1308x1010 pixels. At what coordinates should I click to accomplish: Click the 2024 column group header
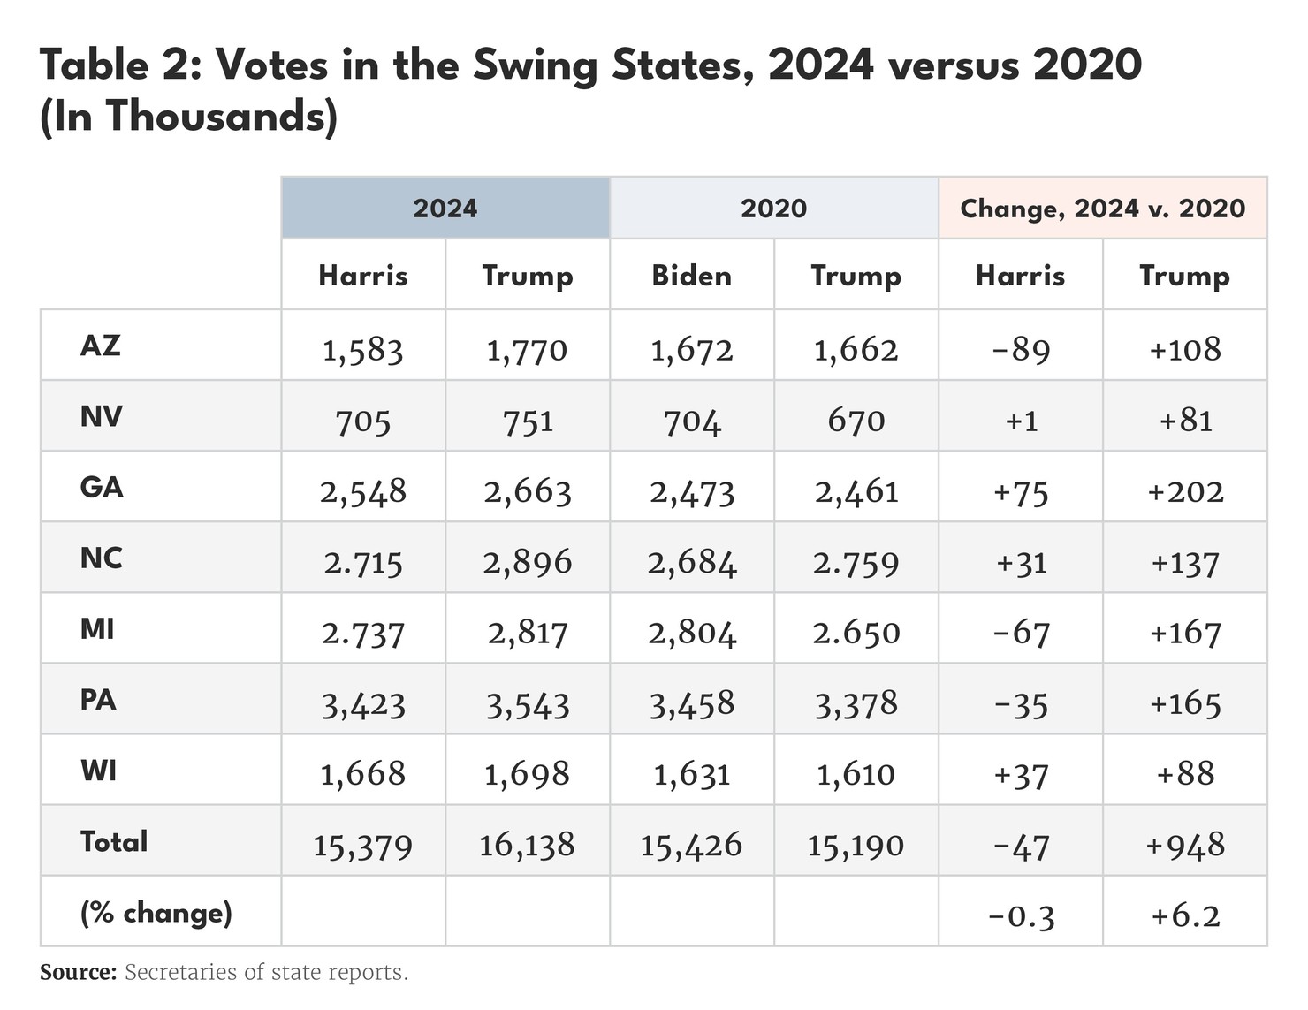click(445, 208)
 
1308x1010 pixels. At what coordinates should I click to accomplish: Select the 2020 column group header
click(773, 208)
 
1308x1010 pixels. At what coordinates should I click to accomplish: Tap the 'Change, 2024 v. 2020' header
click(1102, 208)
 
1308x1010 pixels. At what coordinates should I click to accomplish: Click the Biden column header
click(691, 275)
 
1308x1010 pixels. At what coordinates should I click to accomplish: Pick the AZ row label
click(101, 345)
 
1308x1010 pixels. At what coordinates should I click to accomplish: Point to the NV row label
click(101, 415)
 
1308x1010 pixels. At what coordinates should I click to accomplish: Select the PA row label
click(98, 699)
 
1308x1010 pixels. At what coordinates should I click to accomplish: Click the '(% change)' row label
click(156, 912)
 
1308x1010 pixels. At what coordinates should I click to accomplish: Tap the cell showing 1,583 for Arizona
click(362, 350)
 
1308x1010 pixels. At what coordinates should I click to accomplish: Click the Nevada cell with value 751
click(528, 421)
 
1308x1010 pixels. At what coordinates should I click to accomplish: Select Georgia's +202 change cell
click(1184, 491)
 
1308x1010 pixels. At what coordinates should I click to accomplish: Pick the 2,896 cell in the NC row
click(528, 562)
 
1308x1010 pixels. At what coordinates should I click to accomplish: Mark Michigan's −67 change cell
click(1021, 633)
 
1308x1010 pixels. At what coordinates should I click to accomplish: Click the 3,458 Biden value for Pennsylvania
click(691, 704)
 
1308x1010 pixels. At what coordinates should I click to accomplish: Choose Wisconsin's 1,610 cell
click(856, 775)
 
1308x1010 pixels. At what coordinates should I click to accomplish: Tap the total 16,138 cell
click(528, 846)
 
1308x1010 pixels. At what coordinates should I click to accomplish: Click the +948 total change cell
click(1184, 846)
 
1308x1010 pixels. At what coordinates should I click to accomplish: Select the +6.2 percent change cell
click(1184, 915)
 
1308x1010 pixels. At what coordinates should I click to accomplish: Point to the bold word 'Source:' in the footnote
click(78, 972)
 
